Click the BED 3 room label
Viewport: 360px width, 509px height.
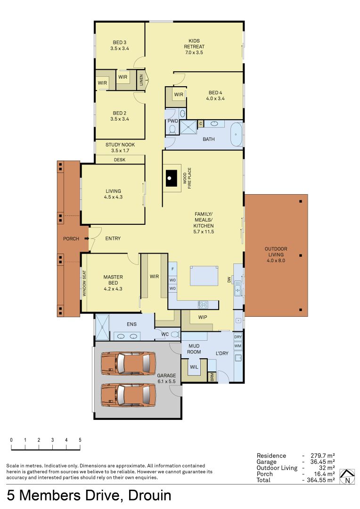(x=120, y=45)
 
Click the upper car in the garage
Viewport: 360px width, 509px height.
(x=128, y=363)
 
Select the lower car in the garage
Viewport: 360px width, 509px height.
(x=128, y=394)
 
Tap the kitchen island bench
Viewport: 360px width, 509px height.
(x=204, y=276)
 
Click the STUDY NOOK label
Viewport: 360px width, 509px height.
(x=120, y=148)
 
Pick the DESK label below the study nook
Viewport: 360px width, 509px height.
(x=120, y=160)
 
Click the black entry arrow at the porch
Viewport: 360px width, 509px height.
(x=87, y=238)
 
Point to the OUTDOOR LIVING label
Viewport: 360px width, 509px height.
(x=276, y=254)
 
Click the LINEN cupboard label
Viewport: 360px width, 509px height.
(x=141, y=81)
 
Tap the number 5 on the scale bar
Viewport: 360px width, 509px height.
(x=80, y=440)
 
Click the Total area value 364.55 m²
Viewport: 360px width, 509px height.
(x=319, y=480)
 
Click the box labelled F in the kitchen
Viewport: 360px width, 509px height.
(x=172, y=269)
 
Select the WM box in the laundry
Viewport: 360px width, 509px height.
(x=237, y=346)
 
